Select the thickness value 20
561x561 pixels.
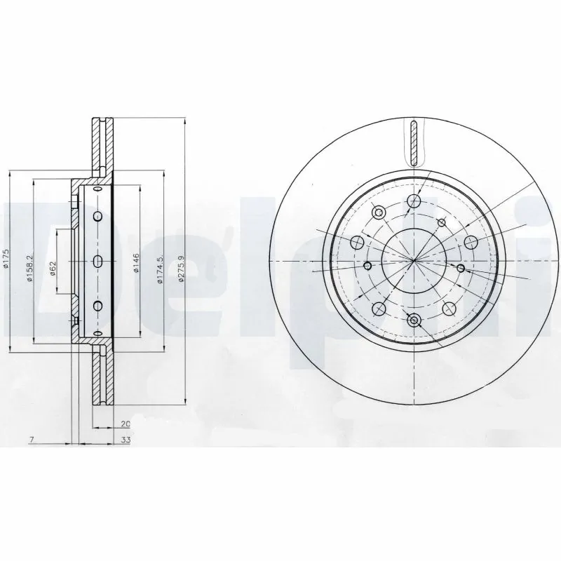[x=126, y=424]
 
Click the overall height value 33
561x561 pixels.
[x=126, y=441]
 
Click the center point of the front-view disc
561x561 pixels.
[x=414, y=261]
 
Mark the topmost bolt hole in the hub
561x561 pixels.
[x=414, y=200]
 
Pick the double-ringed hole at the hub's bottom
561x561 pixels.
[x=414, y=320]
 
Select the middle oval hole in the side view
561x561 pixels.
[x=97, y=261]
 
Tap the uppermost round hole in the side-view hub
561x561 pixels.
[x=97, y=215]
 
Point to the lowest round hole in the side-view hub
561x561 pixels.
[x=97, y=305]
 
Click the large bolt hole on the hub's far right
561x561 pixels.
[x=471, y=242]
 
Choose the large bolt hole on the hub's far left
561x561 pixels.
[x=357, y=242]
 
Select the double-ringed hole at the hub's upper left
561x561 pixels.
[x=379, y=212]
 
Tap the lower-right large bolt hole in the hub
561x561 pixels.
[x=449, y=307]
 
